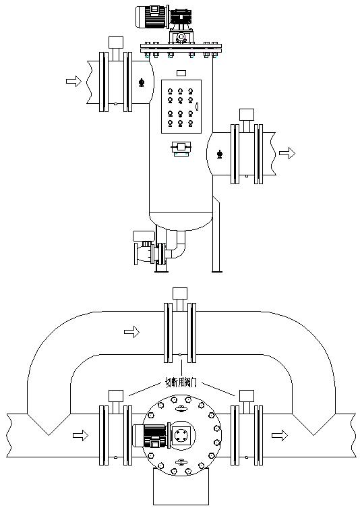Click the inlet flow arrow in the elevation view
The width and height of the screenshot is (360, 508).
73,81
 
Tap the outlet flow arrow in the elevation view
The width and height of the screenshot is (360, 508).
287,153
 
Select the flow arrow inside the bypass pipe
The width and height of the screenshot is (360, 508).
131,332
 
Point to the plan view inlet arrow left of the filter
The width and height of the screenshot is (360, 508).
81,435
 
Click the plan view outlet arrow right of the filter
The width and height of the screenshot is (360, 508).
280,435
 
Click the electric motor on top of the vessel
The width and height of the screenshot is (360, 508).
152,17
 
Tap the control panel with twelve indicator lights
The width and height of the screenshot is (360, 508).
181,107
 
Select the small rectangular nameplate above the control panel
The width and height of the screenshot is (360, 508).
181,74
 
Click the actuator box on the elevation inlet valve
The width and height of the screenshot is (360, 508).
115,43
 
